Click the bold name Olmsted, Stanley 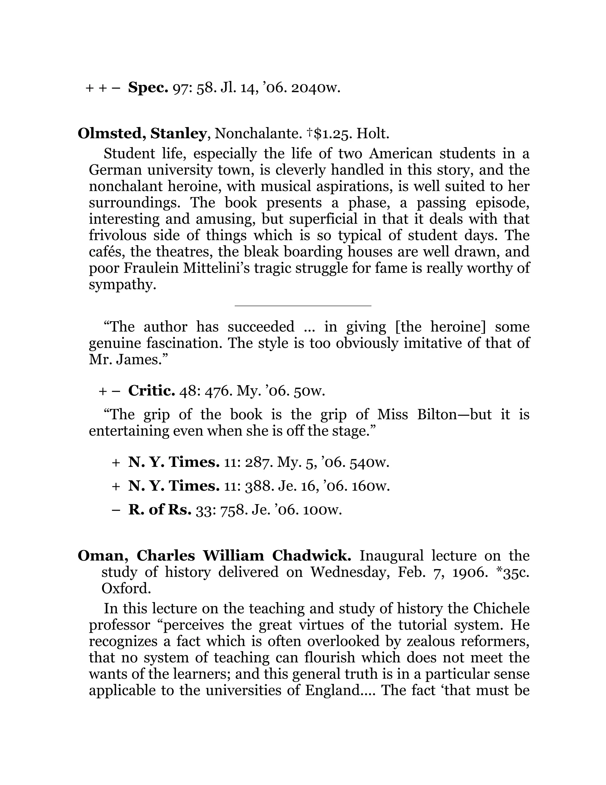click(x=142, y=134)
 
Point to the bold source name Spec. click(x=148, y=88)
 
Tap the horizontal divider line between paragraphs click(x=303, y=305)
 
